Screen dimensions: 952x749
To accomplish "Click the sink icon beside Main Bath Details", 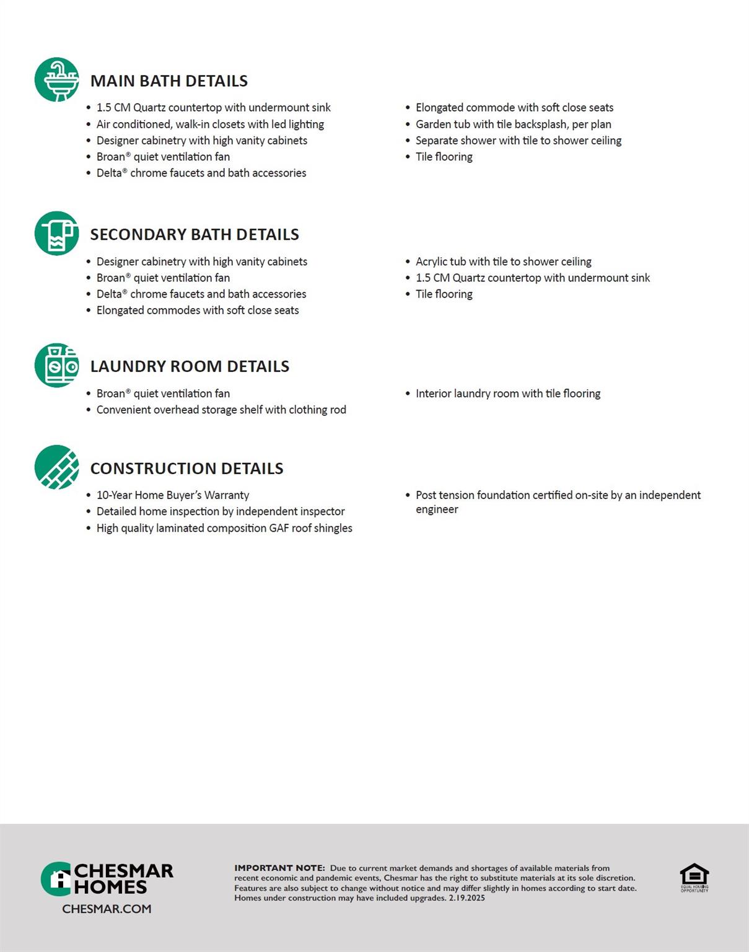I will tap(57, 80).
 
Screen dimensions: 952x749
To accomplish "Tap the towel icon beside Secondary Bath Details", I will tap(57, 234).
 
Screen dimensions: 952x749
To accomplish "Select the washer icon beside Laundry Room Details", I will tap(57, 366).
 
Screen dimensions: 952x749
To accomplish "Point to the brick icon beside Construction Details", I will tap(57, 467).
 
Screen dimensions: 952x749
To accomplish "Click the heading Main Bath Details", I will tap(169, 81).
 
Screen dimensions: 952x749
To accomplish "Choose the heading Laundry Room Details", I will tap(190, 366).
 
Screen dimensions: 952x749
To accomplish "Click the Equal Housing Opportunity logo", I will tap(694, 877).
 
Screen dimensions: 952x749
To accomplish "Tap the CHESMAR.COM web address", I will tap(107, 909).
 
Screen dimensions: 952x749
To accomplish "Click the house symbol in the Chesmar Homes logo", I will tap(59, 879).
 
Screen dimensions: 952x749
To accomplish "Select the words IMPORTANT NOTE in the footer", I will tap(279, 868).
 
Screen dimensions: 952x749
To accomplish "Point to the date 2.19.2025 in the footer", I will tap(467, 897).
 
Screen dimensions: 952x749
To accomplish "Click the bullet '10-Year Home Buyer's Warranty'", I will tap(173, 495).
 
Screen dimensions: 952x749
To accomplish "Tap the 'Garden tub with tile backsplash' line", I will tap(513, 124).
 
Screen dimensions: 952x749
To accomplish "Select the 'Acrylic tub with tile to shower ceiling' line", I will tap(503, 262).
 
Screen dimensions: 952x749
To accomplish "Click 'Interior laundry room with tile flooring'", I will tap(508, 394).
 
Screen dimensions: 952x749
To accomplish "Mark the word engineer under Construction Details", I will tap(437, 509).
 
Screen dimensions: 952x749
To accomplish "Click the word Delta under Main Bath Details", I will tap(109, 173).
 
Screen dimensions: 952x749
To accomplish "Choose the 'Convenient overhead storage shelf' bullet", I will tap(221, 410).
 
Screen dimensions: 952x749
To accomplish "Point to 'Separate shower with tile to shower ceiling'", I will tap(519, 141).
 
